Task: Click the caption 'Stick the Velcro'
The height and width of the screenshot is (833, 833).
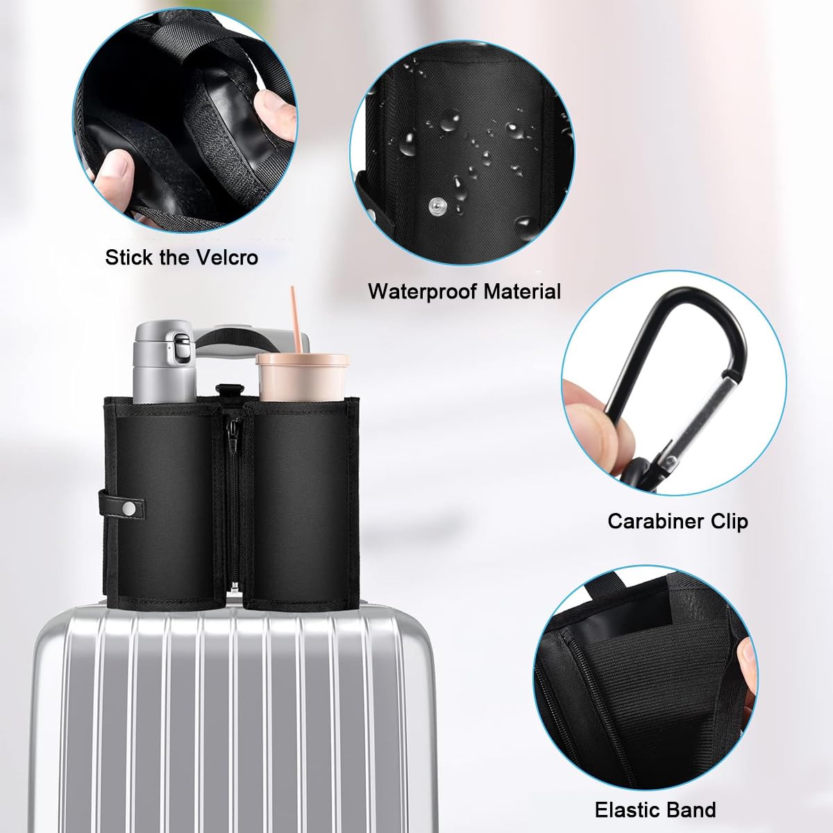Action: click(x=181, y=258)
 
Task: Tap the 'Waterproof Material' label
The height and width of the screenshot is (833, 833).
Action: click(x=464, y=291)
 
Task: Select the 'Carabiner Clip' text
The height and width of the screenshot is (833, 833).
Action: click(x=678, y=521)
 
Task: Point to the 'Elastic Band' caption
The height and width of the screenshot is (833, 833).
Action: click(x=655, y=809)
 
